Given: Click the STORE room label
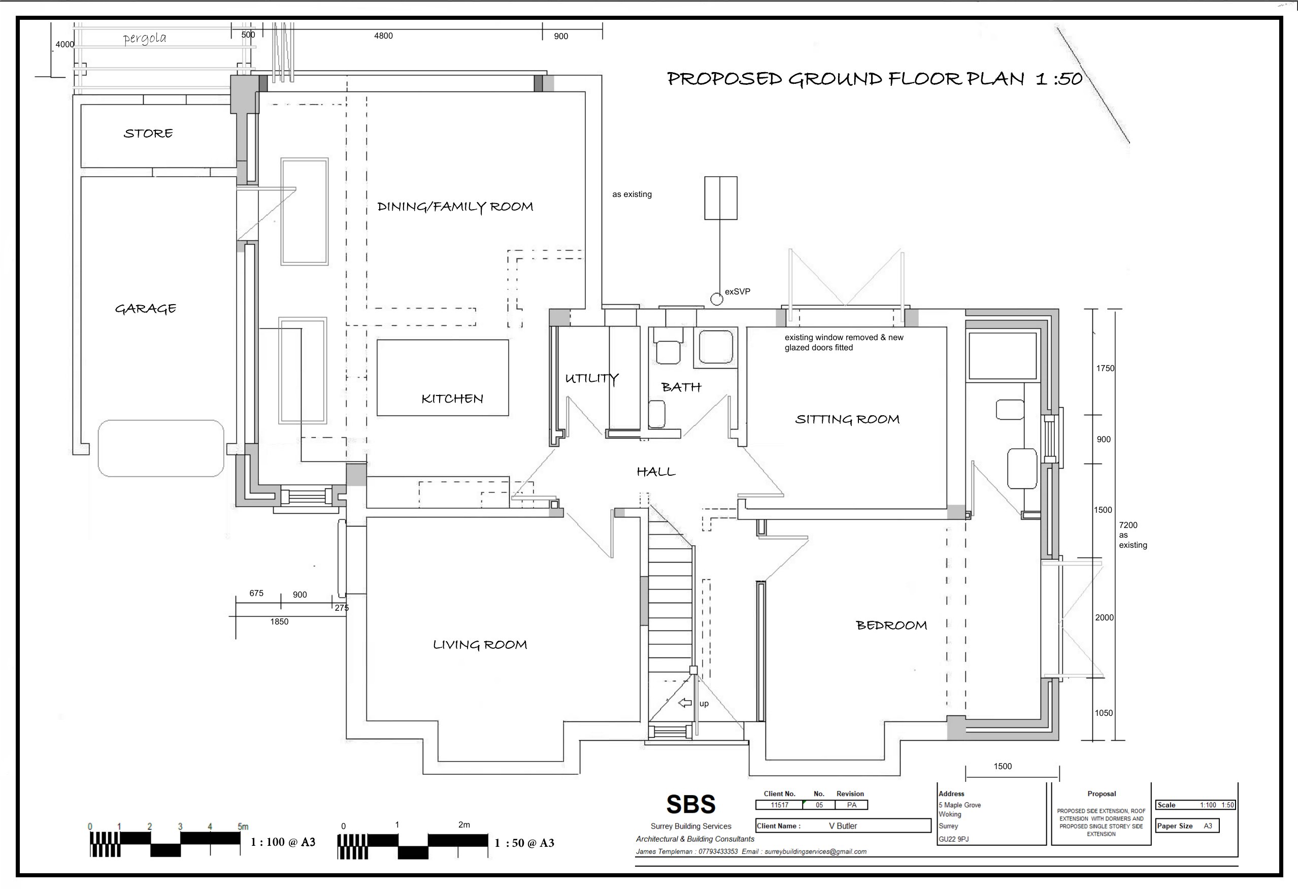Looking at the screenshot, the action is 148,134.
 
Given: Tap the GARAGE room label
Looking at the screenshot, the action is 146,308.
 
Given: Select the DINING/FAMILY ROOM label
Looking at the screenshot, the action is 455,207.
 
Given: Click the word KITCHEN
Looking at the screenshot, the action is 452,399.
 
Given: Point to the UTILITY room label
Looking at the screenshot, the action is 591,378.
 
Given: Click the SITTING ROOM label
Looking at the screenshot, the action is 847,419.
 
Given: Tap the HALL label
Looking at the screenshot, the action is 656,472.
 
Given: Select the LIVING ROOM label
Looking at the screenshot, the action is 480,645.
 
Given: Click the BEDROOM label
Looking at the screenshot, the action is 891,625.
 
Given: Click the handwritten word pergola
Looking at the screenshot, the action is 145,39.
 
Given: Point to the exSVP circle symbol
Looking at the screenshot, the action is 717,300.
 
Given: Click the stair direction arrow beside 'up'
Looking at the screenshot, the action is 685,703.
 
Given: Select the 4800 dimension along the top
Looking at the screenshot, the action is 383,36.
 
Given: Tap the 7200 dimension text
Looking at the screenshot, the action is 1128,525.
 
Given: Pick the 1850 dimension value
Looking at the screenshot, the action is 279,622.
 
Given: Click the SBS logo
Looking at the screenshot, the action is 691,804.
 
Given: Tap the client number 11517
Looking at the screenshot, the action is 780,805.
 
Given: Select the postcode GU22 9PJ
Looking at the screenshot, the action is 954,839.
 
